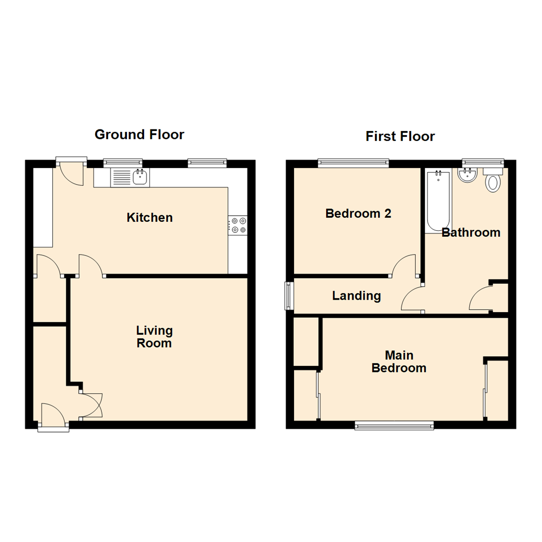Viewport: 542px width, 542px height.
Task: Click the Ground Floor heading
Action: point(139,134)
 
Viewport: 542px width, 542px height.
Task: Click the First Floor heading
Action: point(400,137)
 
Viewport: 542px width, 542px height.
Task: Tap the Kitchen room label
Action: point(150,218)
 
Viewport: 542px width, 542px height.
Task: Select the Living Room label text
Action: point(155,337)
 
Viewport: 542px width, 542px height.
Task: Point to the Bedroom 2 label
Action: point(358,213)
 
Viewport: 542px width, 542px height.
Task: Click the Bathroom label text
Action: point(471,233)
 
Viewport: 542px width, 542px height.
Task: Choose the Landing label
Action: point(356,296)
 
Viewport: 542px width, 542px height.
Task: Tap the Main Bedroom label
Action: point(398,362)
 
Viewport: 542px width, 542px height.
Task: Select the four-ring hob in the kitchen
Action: point(237,225)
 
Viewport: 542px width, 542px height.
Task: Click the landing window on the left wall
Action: point(289,296)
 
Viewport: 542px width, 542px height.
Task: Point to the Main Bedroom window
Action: point(394,426)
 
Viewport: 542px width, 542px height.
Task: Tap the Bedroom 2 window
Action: point(353,162)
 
